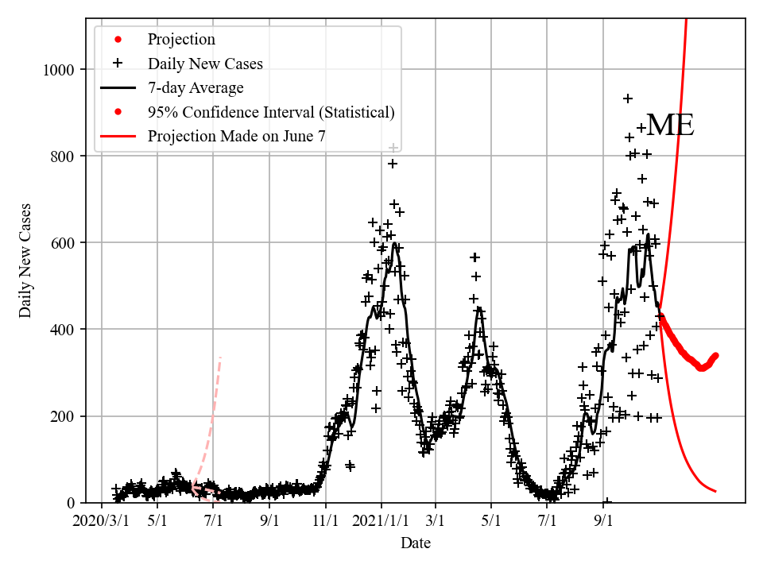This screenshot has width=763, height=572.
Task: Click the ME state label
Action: pyautogui.click(x=670, y=126)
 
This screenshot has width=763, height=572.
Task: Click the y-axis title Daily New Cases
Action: pyautogui.click(x=25, y=261)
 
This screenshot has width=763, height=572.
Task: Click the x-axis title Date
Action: pyautogui.click(x=416, y=543)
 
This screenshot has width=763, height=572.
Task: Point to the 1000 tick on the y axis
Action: pyautogui.click(x=59, y=70)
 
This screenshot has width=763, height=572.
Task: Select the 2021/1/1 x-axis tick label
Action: pyautogui.click(x=381, y=522)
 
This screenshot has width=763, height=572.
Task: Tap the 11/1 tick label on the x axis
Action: pyautogui.click(x=326, y=522)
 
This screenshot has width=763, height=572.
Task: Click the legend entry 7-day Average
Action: pyautogui.click(x=196, y=88)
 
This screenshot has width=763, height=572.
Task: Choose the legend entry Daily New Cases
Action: pyautogui.click(x=205, y=64)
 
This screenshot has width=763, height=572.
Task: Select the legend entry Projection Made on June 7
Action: pyautogui.click(x=237, y=137)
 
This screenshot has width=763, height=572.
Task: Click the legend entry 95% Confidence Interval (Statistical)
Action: pyautogui.click(x=271, y=112)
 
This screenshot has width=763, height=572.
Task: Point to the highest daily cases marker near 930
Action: pyautogui.click(x=627, y=99)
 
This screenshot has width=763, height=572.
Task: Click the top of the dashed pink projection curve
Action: pyautogui.click(x=220, y=358)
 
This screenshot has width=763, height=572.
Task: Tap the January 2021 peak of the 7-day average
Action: pyautogui.click(x=394, y=244)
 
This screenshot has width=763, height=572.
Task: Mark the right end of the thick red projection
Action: pyautogui.click(x=715, y=355)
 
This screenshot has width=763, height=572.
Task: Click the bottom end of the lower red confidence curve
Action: pyautogui.click(x=715, y=491)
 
